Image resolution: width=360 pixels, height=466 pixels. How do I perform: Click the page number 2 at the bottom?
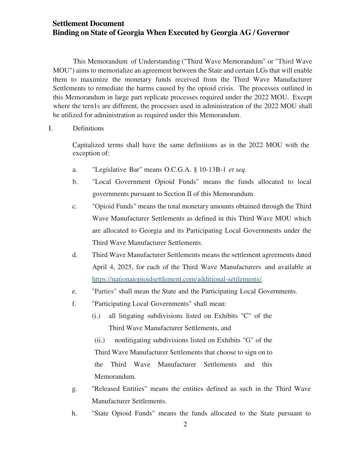coord(185,424)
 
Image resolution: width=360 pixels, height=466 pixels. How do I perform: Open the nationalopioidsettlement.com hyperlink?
coord(177,279)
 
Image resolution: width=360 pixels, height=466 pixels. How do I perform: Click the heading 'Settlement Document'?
coord(88,23)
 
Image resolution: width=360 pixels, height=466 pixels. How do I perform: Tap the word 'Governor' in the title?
coord(273,33)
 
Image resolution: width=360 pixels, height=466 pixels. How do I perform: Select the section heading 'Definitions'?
coord(88,129)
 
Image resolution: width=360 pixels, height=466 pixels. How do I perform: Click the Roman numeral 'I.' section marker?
coord(51,129)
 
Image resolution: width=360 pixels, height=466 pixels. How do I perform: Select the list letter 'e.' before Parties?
coord(74,291)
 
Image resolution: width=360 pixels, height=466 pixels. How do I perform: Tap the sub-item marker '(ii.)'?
coord(100,340)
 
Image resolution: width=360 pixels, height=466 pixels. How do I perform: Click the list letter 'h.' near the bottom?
coord(74,413)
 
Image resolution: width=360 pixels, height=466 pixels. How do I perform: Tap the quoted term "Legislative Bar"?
coord(117,170)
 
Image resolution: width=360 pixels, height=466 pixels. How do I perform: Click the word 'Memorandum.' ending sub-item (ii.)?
coord(115,377)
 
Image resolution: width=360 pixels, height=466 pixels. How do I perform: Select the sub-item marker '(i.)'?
coord(96,316)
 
